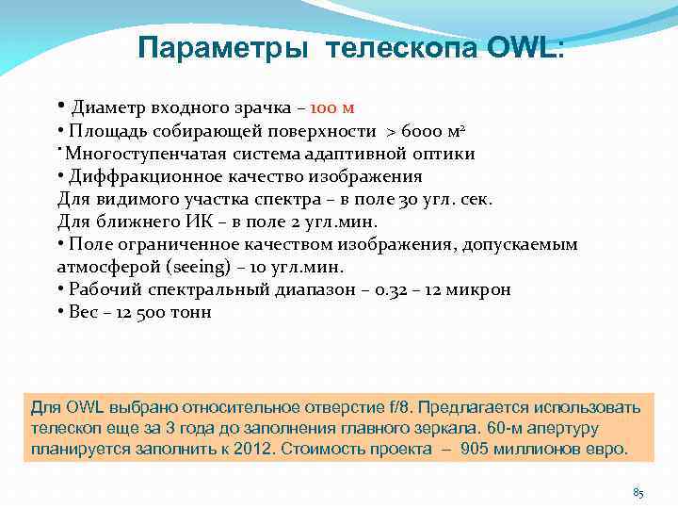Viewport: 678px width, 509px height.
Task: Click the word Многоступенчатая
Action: point(144,154)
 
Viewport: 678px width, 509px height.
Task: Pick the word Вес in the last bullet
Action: point(85,312)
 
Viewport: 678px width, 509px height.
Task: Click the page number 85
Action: point(638,493)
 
